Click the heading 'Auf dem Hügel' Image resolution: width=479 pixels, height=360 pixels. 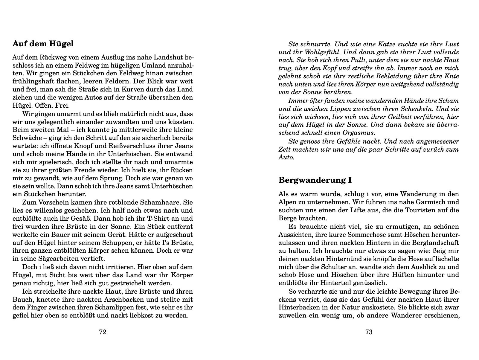[x=43, y=44]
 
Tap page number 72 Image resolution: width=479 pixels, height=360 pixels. [x=103, y=332]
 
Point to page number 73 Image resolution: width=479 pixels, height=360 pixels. [x=369, y=332]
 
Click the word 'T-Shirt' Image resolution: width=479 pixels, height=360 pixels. [x=161, y=218]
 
